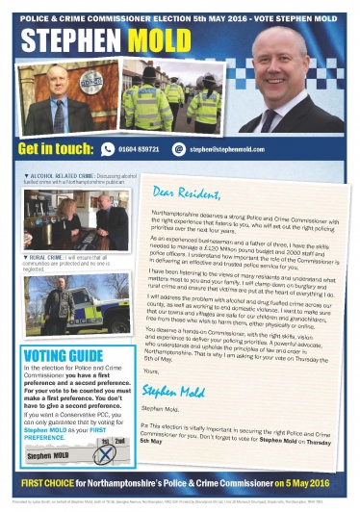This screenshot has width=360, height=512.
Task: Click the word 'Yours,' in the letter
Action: [x=148, y=370]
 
